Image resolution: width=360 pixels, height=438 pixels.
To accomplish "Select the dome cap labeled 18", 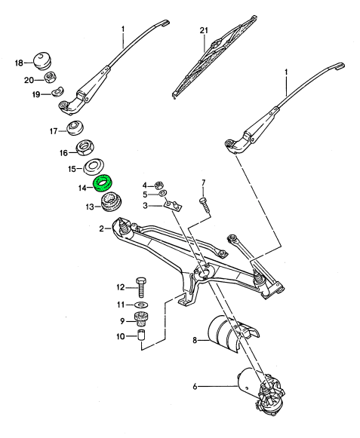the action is pos(42,60).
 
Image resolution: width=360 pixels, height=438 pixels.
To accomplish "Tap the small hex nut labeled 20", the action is pos(50,77).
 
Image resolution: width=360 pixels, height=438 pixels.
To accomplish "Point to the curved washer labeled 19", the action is pos(58,91).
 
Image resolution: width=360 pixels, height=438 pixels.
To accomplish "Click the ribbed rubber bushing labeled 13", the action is pos(110,202).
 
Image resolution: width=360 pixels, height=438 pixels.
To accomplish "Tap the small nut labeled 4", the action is pos(159,185).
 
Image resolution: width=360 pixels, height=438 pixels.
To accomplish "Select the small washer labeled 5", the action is pos(162,193).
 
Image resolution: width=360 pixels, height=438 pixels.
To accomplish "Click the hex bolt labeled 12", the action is pos(141,287).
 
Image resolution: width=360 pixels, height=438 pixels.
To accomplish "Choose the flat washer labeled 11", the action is pos(141,304).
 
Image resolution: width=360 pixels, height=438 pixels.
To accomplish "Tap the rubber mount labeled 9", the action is pos(141,320).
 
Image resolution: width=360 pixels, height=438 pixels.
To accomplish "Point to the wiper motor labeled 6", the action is pos(260,389).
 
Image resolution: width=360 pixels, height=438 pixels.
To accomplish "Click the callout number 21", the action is pos(204,30).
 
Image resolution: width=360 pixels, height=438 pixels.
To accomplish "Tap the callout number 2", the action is pos(102,228).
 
